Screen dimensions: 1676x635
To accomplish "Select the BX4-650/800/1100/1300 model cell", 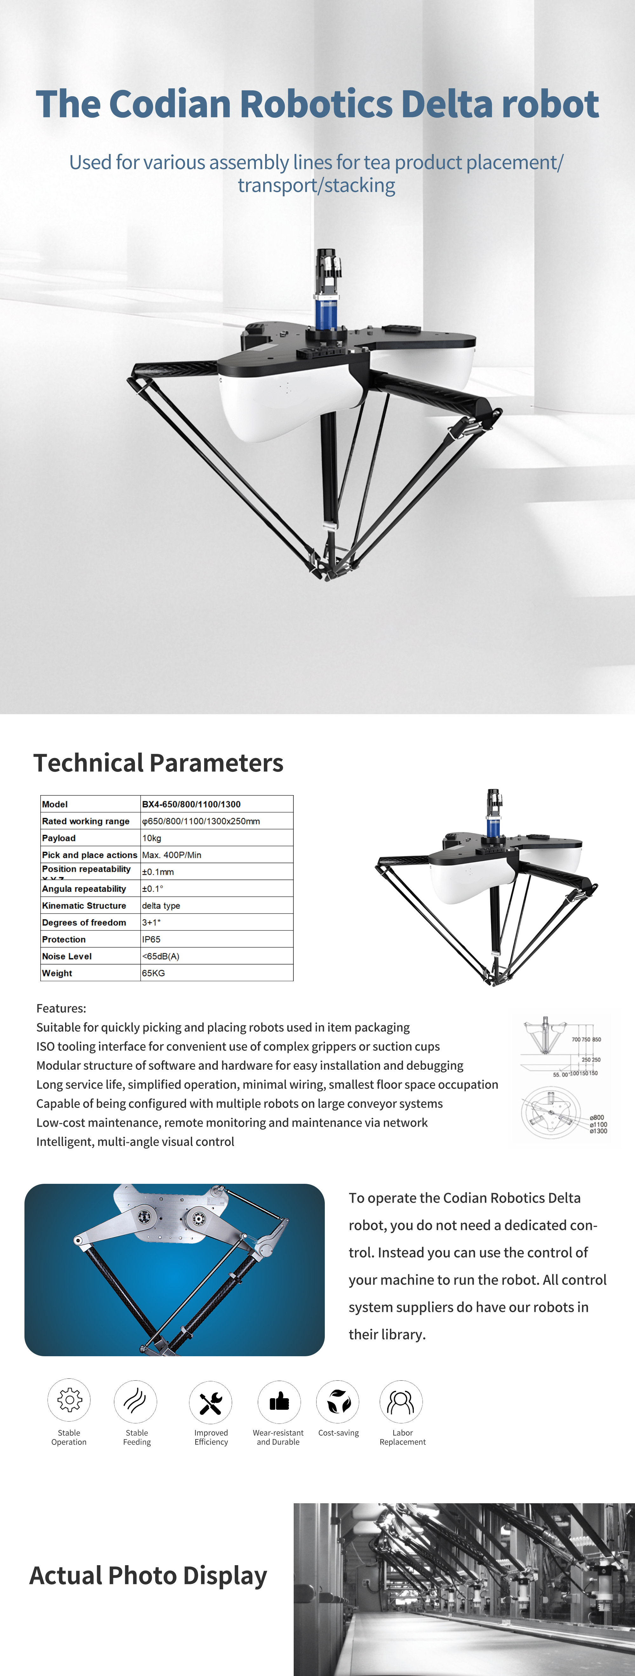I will click(x=191, y=804).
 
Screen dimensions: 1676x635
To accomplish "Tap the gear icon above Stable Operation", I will click(x=69, y=1399).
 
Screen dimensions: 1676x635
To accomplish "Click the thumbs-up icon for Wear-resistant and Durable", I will click(x=279, y=1401).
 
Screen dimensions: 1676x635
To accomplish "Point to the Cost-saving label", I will click(x=338, y=1433).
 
